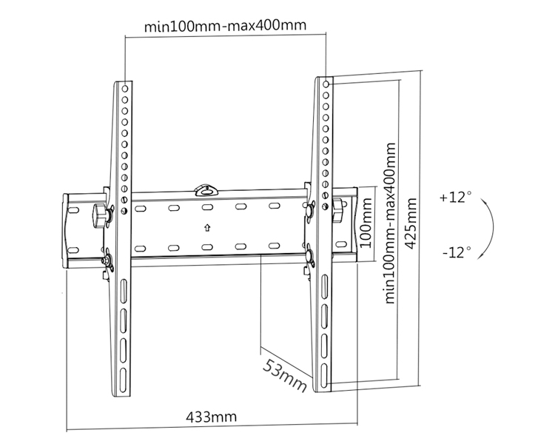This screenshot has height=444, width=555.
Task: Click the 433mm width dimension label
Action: point(212,417)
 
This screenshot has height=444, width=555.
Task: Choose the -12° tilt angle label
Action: point(456,252)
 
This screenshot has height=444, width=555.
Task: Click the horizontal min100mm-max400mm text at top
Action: point(225,27)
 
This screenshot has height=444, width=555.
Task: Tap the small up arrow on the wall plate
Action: point(207,227)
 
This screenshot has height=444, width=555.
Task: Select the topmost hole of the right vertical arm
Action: point(325,84)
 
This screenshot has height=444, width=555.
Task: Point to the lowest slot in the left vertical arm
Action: point(123,368)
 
